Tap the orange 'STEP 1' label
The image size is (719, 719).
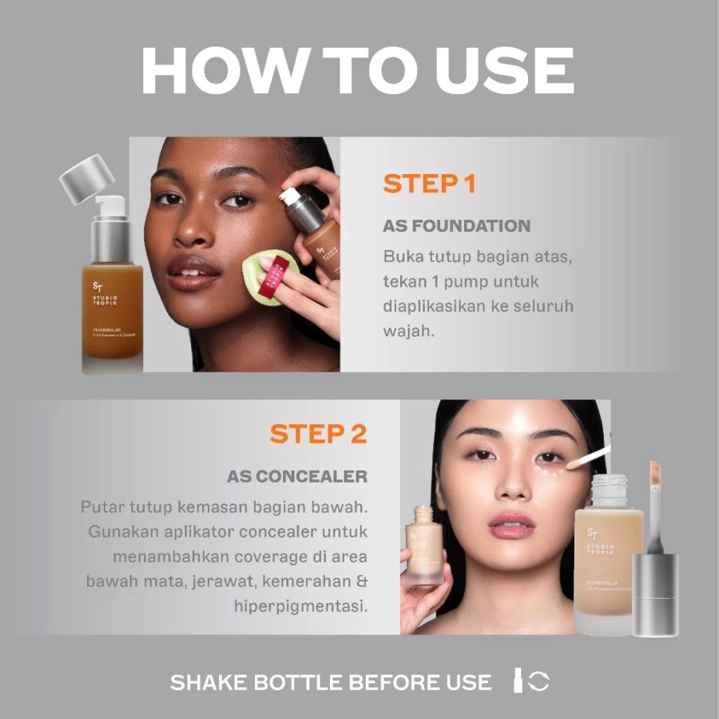[429, 183]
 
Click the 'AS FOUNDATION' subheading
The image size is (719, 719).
[456, 226]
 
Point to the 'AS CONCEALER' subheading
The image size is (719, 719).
[297, 476]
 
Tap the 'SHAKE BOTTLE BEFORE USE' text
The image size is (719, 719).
[331, 682]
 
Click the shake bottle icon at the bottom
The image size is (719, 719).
[531, 681]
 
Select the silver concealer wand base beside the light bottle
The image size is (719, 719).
[655, 591]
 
